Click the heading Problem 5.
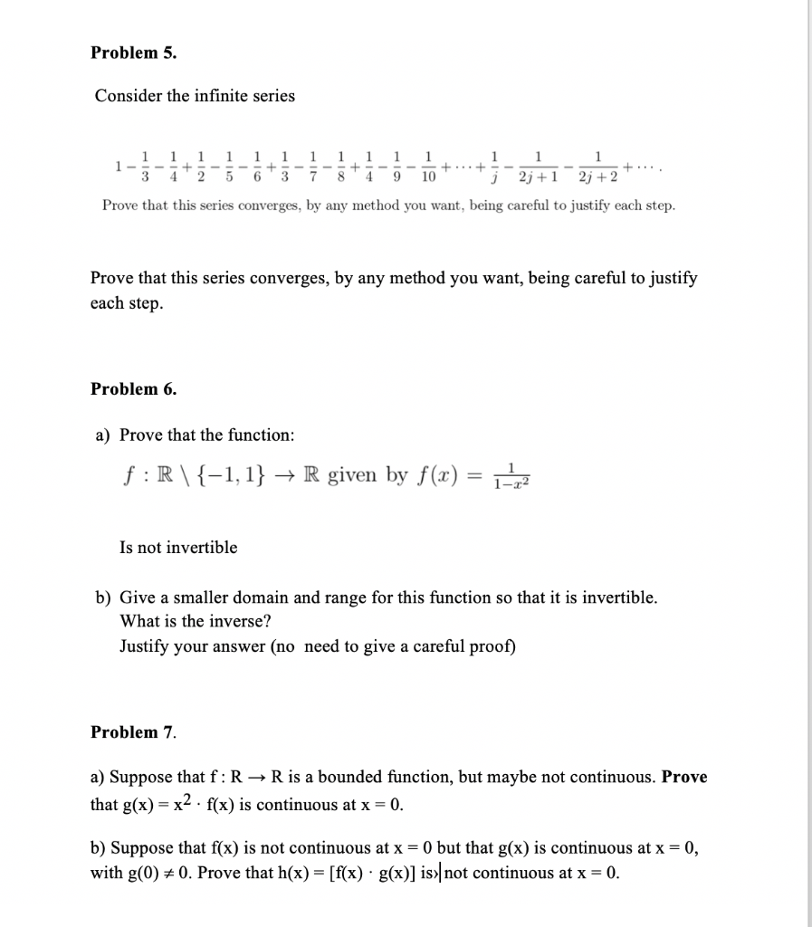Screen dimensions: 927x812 pos(134,53)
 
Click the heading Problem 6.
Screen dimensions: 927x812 pos(134,389)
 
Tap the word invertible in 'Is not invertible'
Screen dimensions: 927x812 pos(201,548)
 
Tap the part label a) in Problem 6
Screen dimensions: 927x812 pos(103,435)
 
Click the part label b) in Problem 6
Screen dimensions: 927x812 pos(103,598)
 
